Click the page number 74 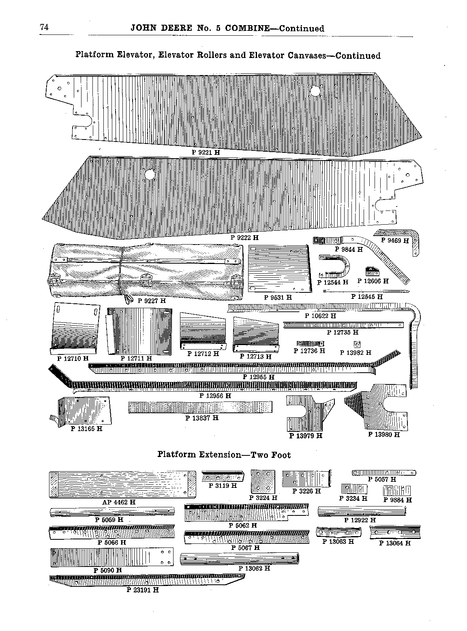click(44, 27)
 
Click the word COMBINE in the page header click(247, 28)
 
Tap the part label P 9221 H click(206, 152)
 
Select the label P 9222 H click(244, 237)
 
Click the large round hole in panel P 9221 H click(315, 91)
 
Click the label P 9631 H click(278, 297)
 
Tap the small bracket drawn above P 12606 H click(372, 271)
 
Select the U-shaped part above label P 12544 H click(334, 266)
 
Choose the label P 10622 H click(321, 315)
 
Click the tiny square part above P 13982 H click(357, 345)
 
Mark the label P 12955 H click(259, 377)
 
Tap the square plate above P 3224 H click(263, 481)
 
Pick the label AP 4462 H click(119, 502)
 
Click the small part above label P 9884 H click(397, 490)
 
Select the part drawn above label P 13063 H click(338, 532)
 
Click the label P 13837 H click(202, 418)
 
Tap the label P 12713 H click(256, 356)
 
